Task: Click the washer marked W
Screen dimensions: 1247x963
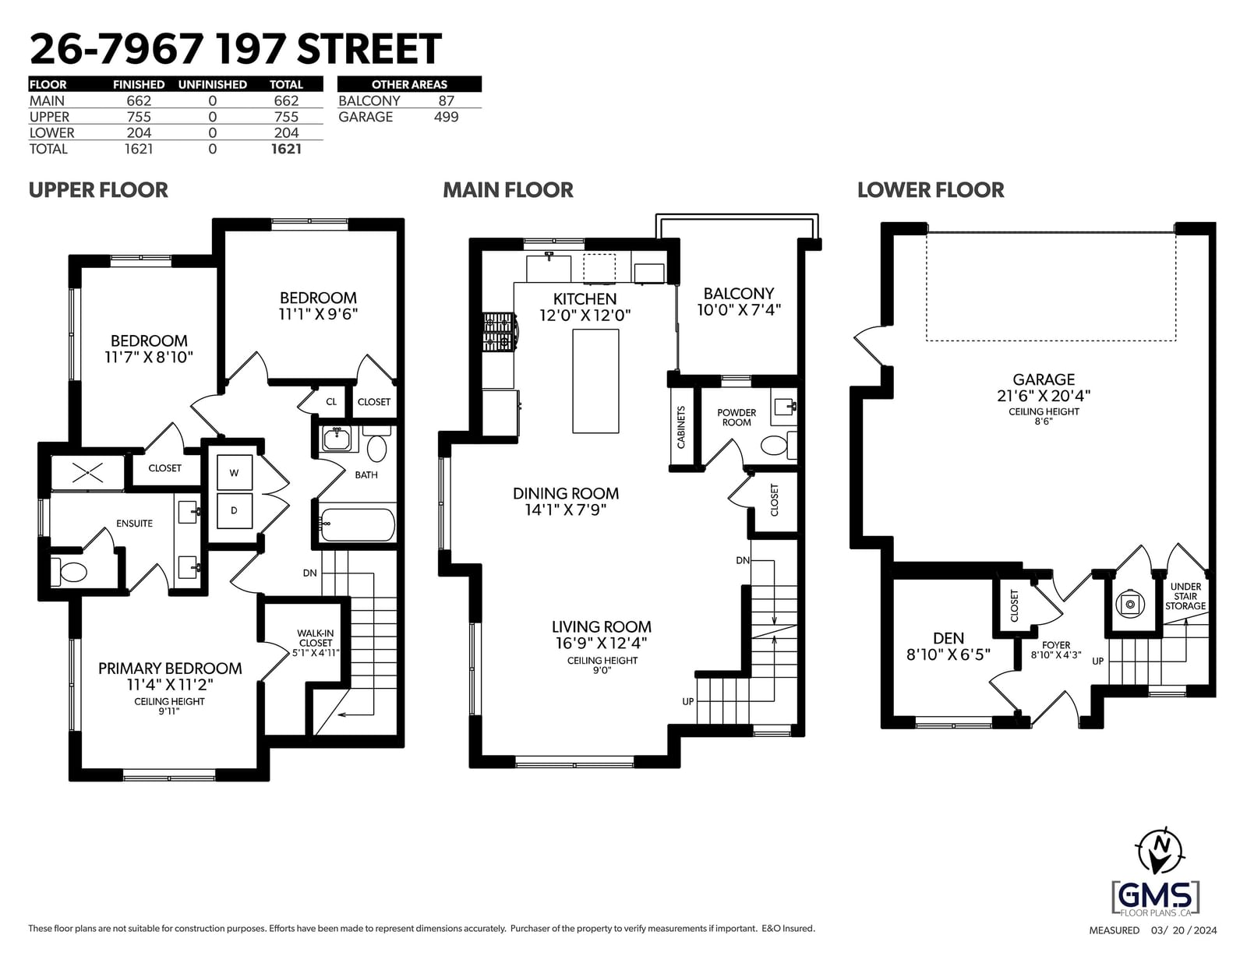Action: (x=234, y=473)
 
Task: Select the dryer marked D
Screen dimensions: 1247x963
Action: (x=234, y=510)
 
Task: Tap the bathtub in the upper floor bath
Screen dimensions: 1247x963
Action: (x=358, y=524)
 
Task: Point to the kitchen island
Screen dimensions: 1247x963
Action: (x=595, y=381)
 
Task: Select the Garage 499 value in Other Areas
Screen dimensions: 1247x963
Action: (x=446, y=117)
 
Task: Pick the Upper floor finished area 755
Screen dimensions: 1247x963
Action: (x=139, y=117)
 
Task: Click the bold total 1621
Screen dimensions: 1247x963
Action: (x=286, y=149)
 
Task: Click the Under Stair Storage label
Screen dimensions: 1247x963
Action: (x=1185, y=596)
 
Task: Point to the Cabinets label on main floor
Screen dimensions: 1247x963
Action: (x=681, y=427)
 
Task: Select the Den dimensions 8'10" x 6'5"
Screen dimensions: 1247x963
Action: (x=948, y=654)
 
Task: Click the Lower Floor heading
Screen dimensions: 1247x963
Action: (x=931, y=190)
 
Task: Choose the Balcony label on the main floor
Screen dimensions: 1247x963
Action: (x=739, y=294)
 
